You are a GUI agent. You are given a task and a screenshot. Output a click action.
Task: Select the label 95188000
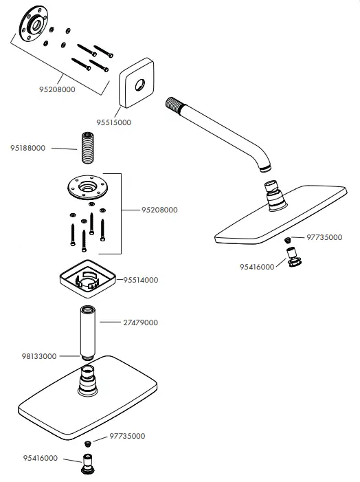click(28, 148)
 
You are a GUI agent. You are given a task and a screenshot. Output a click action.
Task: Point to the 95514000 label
click(141, 280)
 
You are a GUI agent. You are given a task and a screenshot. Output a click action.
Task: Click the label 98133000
click(40, 356)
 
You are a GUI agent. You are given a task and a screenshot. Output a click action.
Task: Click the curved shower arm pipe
click(220, 134)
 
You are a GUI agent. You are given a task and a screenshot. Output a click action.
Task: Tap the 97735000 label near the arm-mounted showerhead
click(324, 237)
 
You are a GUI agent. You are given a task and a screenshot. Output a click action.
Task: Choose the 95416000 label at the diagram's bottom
click(40, 458)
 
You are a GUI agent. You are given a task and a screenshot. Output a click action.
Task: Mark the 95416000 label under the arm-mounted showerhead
click(257, 266)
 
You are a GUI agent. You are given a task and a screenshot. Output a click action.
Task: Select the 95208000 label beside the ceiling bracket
click(159, 210)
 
